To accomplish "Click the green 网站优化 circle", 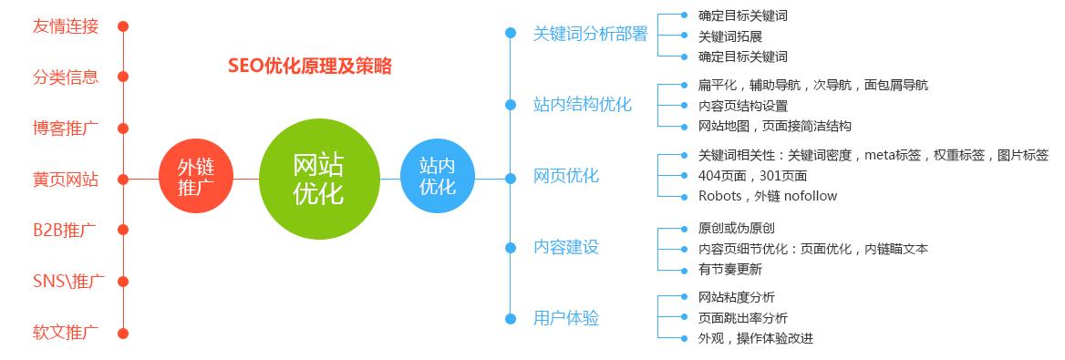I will [x=318, y=179].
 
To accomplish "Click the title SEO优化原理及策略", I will [x=310, y=67].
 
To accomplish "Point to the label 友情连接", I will [x=66, y=26].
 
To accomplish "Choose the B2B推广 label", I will [x=65, y=230].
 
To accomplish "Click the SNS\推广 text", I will [x=66, y=281].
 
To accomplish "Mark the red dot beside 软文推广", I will [x=123, y=333].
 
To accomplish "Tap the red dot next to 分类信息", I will [x=123, y=77].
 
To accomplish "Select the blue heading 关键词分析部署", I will [x=590, y=34].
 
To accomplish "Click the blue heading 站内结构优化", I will [x=582, y=104].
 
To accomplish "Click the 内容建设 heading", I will [x=566, y=247].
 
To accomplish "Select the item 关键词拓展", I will [x=729, y=36].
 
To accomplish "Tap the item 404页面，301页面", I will [x=752, y=175].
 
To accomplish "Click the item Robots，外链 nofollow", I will [x=767, y=196].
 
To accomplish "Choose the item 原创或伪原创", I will [x=736, y=228].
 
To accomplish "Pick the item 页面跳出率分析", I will [x=742, y=318].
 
